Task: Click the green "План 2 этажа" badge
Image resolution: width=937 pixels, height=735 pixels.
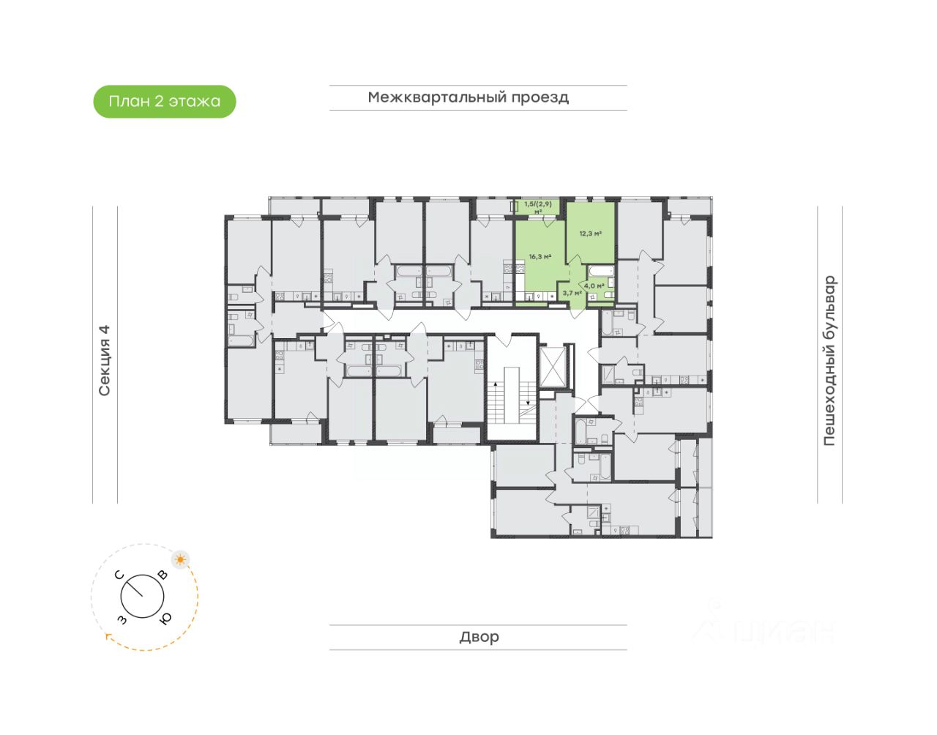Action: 164,101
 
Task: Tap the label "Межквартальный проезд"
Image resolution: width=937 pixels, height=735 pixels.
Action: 468,97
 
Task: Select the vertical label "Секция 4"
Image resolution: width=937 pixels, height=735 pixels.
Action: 105,361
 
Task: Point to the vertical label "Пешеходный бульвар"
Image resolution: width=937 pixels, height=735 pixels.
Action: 829,361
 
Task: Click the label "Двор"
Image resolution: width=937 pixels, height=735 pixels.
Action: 479,637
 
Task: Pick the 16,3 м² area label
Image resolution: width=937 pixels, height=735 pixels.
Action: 540,257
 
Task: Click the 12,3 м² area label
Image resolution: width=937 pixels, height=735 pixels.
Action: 590,234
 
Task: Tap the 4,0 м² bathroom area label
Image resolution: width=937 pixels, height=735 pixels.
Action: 594,286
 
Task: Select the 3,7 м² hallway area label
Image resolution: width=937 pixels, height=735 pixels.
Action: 572,293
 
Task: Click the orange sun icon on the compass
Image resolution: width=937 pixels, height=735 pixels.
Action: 180,560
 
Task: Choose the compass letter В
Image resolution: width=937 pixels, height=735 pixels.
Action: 163,575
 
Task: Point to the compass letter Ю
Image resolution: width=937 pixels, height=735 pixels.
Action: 166,619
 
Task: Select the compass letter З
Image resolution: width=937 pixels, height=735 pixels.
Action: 122,621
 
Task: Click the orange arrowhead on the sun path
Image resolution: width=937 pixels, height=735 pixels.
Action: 109,637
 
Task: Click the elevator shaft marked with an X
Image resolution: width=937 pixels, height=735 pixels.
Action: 553,365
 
